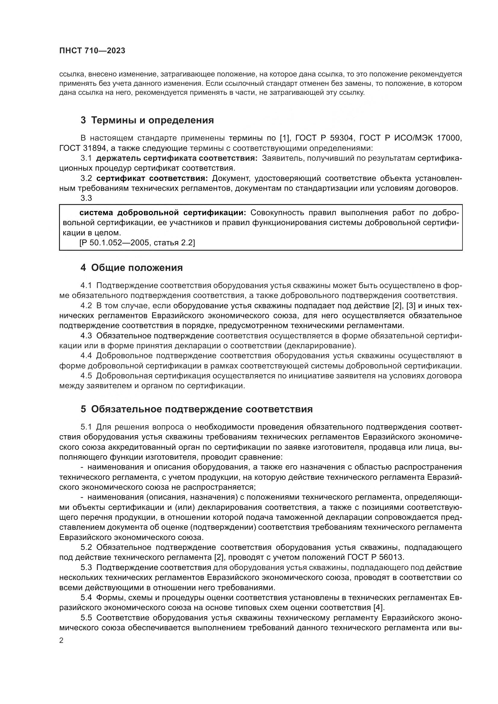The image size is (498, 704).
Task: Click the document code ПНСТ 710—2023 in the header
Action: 92,51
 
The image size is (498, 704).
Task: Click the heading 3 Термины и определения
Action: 147,120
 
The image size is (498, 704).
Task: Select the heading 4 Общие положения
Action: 132,268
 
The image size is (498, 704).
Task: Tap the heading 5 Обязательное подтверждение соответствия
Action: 197,409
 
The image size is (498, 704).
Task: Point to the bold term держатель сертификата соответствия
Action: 177,158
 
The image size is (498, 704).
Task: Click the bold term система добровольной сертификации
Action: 163,213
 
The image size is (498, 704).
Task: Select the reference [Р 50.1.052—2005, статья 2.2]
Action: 137,243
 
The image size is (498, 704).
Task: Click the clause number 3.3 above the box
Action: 86,198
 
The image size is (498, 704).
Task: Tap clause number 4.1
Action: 86,285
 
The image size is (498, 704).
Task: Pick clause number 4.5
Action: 86,376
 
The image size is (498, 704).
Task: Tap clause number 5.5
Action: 86,617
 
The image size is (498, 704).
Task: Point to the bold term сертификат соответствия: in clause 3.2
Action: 152,178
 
